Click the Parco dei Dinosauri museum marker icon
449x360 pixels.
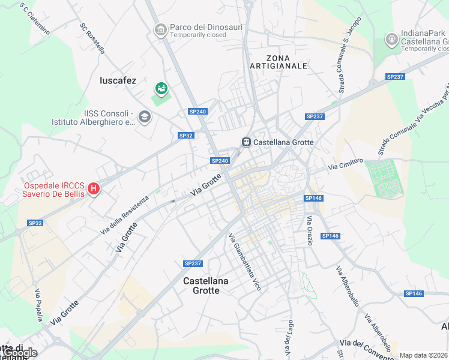coord(160,30)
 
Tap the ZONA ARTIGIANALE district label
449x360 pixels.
coord(279,61)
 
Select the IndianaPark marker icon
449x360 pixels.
coord(391,40)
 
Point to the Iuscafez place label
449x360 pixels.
coord(118,80)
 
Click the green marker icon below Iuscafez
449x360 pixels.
coord(161,89)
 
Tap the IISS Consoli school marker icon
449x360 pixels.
coord(144,116)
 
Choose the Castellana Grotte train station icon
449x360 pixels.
coord(246,142)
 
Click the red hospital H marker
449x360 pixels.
coord(94,189)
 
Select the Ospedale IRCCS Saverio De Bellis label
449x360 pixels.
coord(53,189)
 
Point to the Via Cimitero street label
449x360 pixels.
coord(346,163)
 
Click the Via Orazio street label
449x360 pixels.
coord(310,231)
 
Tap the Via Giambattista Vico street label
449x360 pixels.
coord(245,262)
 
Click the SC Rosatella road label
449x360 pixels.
coord(92,39)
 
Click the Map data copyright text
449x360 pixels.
coord(424,355)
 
